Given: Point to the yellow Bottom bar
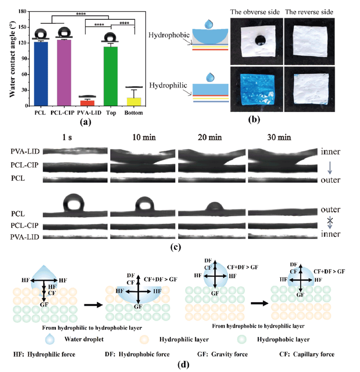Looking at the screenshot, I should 134,102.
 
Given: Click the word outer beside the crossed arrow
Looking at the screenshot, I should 330,210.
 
